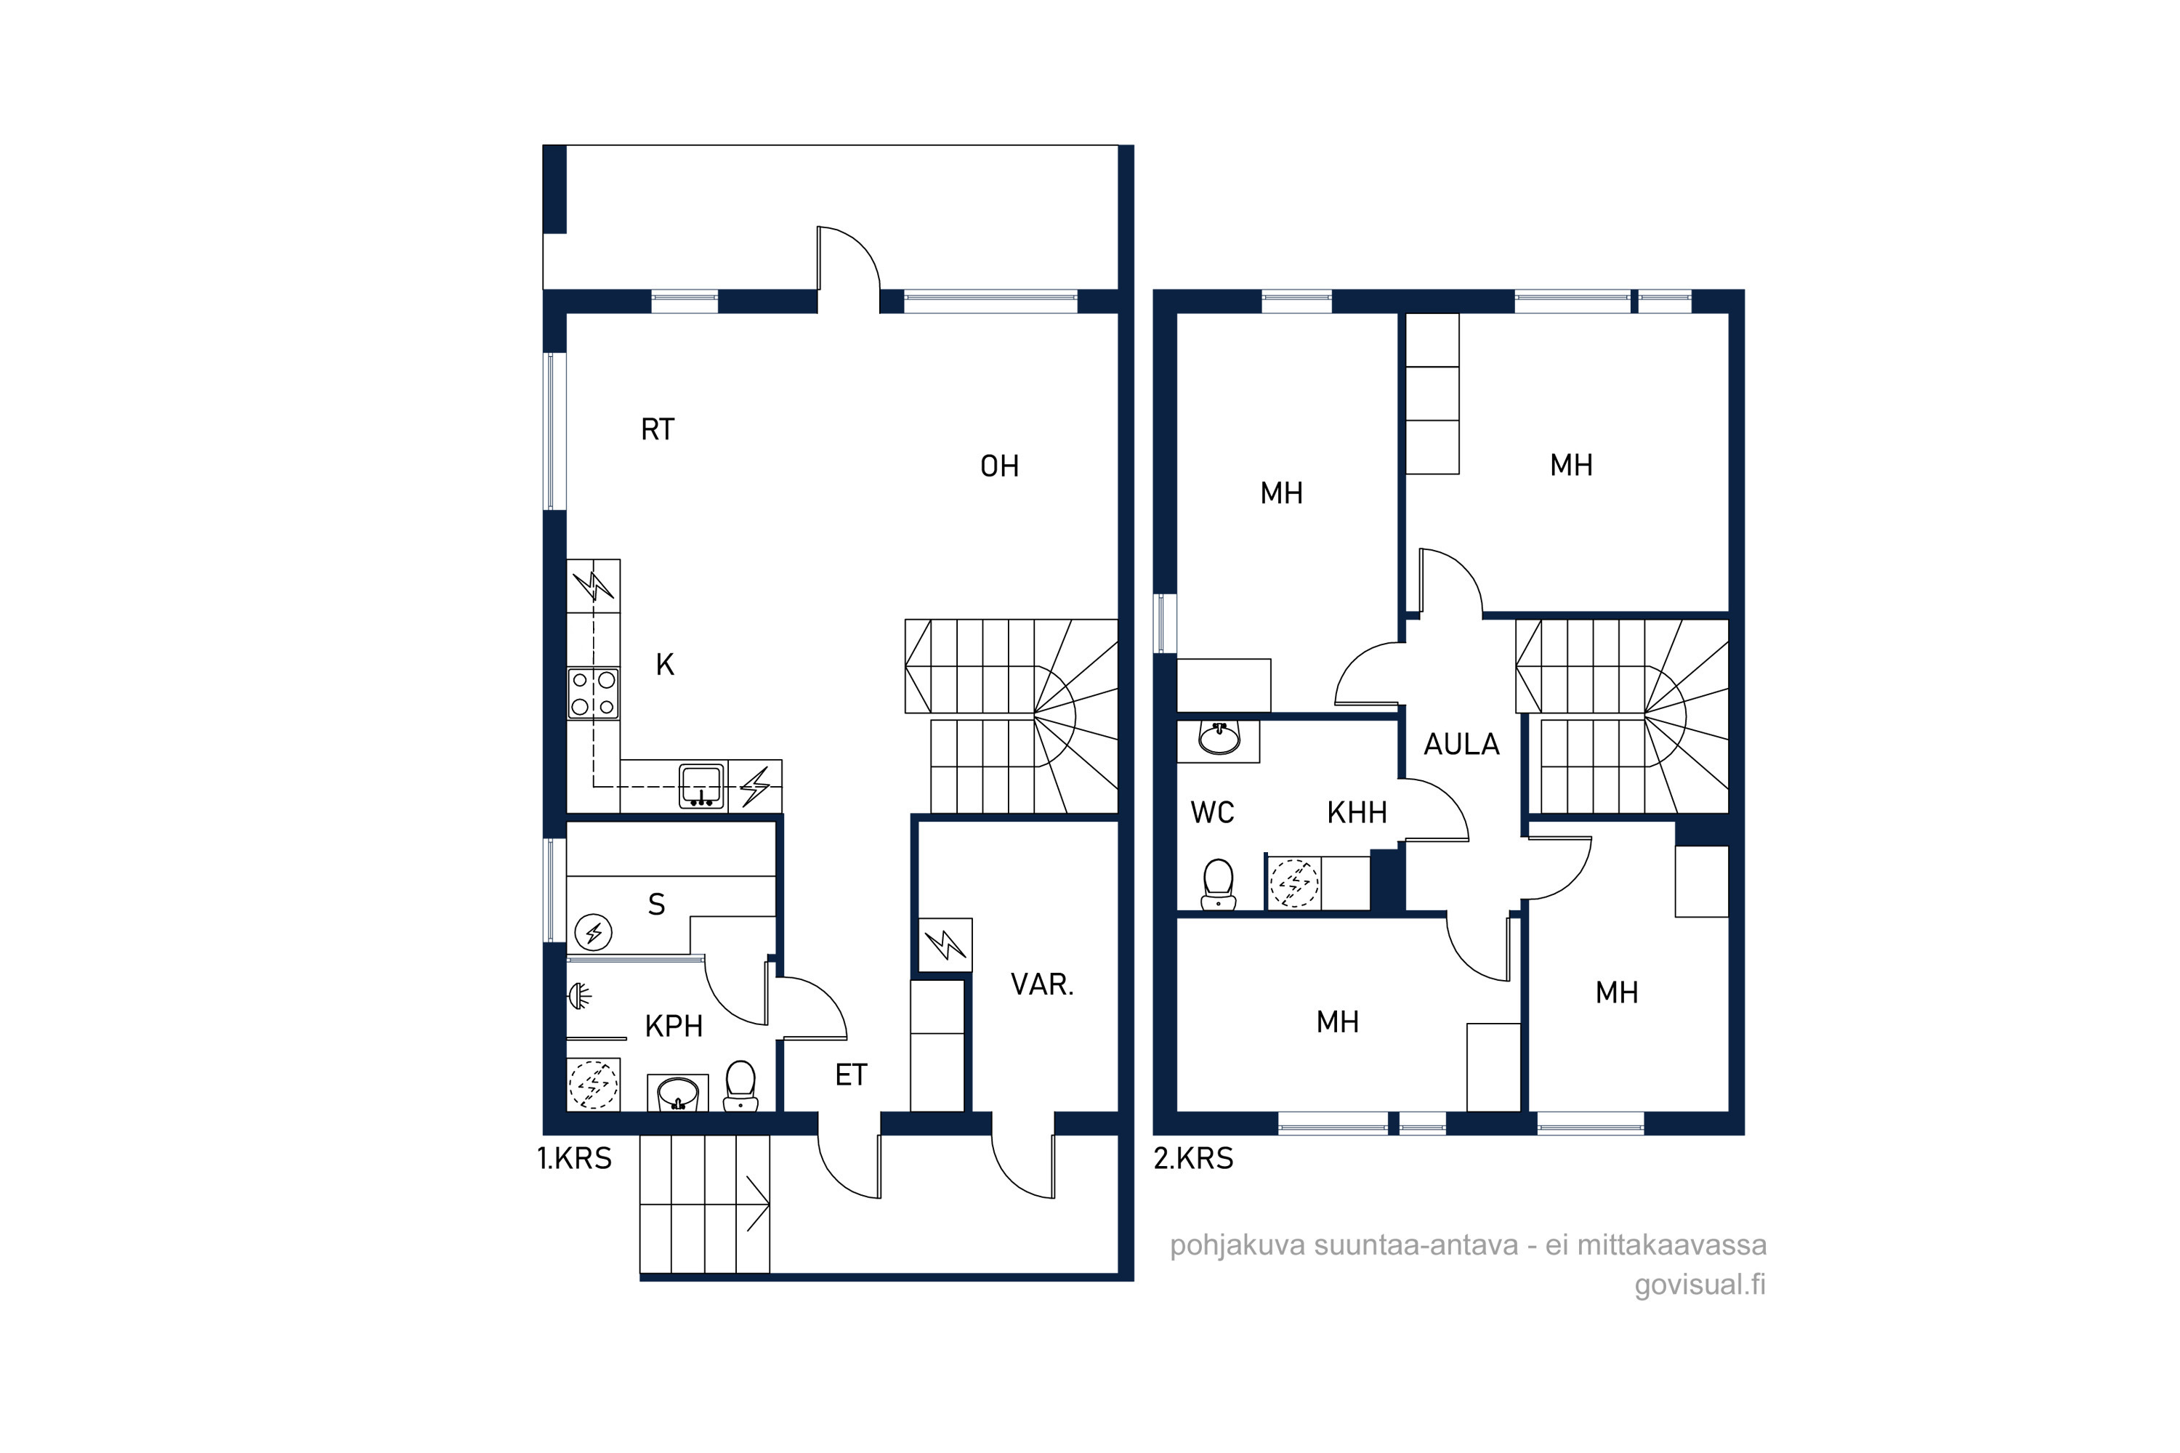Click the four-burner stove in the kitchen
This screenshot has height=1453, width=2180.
coord(593,693)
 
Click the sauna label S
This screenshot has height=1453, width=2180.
coord(656,904)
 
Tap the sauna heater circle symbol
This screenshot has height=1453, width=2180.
coord(593,932)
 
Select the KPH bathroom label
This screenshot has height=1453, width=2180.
coord(674,1026)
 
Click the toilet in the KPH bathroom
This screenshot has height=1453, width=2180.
coord(740,1085)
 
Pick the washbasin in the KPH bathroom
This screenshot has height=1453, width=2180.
coord(677,1093)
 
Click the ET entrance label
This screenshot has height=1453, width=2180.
coord(851,1075)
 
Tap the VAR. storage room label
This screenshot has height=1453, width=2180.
coord(1042,984)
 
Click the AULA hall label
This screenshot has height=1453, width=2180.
coord(1461,744)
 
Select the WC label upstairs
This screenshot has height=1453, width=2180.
coord(1212,813)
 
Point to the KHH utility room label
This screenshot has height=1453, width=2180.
coord(1357,813)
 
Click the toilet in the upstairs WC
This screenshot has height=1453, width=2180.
coord(1219,884)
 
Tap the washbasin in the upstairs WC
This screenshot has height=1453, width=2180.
coord(1219,739)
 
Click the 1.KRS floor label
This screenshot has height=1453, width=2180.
coord(575,1158)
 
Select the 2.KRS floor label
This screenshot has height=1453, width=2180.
coord(1193,1158)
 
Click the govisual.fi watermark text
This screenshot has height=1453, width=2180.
coord(1700,1285)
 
